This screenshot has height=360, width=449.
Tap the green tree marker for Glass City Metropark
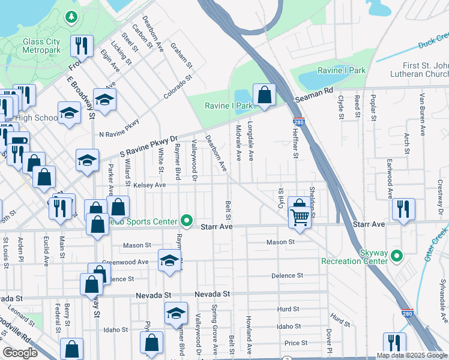click(71, 17)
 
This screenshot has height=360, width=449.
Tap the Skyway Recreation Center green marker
click(396, 257)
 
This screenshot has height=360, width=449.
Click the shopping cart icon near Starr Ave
click(300, 217)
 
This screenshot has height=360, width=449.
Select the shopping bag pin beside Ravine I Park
click(264, 94)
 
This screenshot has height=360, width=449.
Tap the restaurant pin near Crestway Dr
click(403, 209)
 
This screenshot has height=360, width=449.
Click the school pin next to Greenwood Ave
click(169, 260)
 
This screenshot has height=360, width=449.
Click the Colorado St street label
click(178, 86)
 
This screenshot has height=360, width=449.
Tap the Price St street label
click(296, 343)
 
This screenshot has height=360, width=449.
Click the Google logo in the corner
click(20, 353)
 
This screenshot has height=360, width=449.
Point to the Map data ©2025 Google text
click(411, 355)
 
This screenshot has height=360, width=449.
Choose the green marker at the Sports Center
click(187, 221)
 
